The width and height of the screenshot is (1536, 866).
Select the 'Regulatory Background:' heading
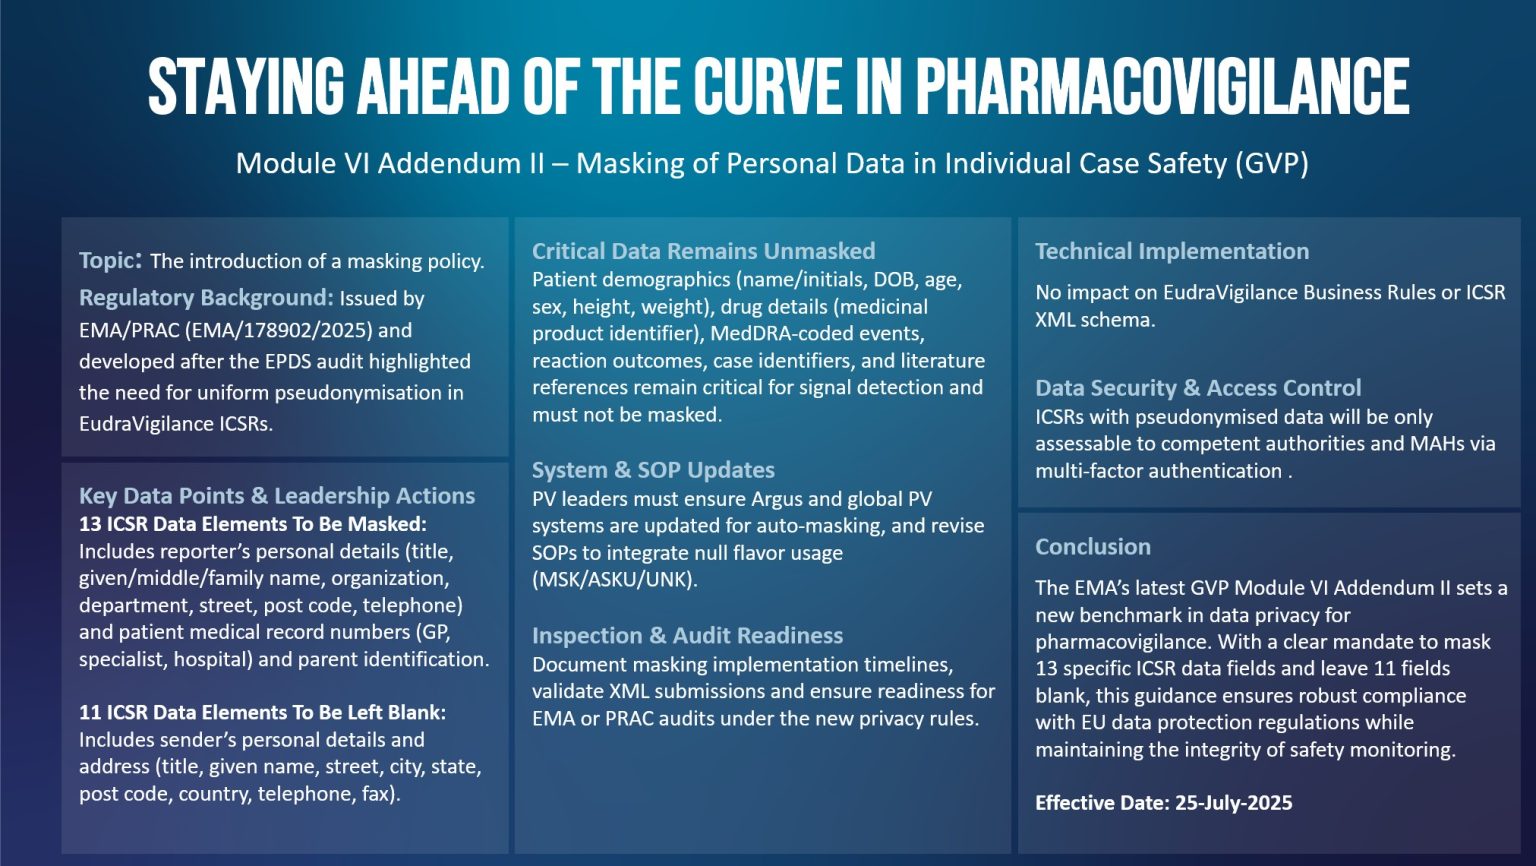(x=205, y=298)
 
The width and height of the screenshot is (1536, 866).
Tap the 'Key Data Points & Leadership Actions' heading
(x=277, y=496)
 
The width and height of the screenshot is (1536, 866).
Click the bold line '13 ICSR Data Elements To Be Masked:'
(x=252, y=524)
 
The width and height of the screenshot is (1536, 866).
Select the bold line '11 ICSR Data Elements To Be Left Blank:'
(x=262, y=712)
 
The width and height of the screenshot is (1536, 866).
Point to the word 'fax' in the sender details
(x=377, y=794)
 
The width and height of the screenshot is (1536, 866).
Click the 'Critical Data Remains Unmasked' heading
(x=703, y=251)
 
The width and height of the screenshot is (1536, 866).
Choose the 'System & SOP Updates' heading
(x=653, y=470)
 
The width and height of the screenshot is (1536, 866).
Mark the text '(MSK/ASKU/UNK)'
(x=614, y=579)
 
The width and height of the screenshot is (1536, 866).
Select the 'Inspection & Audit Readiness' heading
(x=687, y=636)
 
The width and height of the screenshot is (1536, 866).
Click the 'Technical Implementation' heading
(x=1171, y=251)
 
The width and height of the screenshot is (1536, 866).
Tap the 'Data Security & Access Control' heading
(x=1198, y=388)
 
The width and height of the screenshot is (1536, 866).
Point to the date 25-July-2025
(x=1233, y=803)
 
